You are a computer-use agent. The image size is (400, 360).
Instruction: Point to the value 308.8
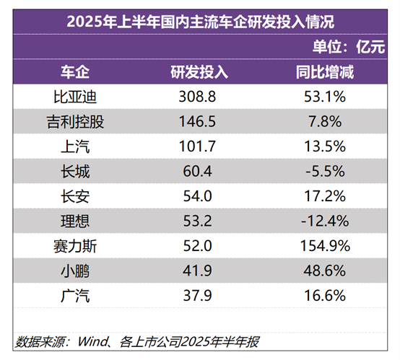click(199, 96)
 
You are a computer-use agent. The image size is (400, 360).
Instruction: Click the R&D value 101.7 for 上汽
click(199, 146)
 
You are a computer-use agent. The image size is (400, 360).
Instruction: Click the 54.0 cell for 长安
click(199, 196)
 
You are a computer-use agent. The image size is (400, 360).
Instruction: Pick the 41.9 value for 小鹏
click(199, 271)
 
